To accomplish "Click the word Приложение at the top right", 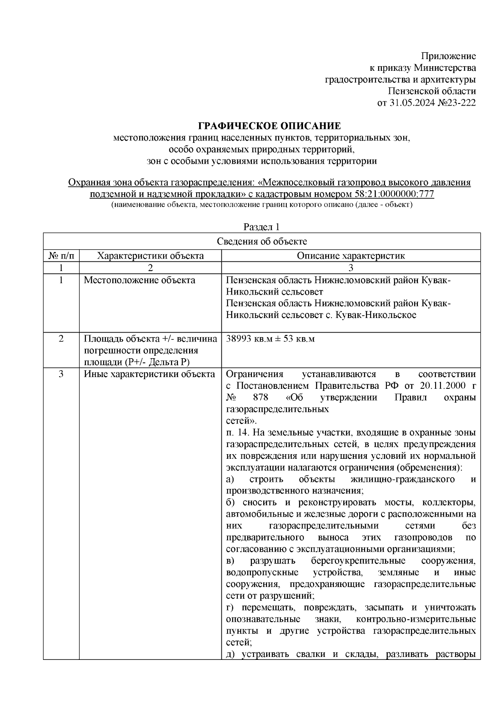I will pos(449,56).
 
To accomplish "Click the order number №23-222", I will pos(456,103).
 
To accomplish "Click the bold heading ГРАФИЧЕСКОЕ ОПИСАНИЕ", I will pos(269,126).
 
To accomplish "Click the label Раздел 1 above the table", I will pos(262,227).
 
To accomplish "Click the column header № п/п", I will pos(61,256).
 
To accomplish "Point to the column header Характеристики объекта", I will pos(150,256).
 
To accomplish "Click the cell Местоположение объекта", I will pos(139,280).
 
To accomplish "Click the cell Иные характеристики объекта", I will pos(149,374).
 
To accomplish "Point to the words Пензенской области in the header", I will pos(432,91).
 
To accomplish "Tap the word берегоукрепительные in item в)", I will pos(358,561).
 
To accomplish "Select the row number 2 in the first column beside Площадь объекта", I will pos(61,339).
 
